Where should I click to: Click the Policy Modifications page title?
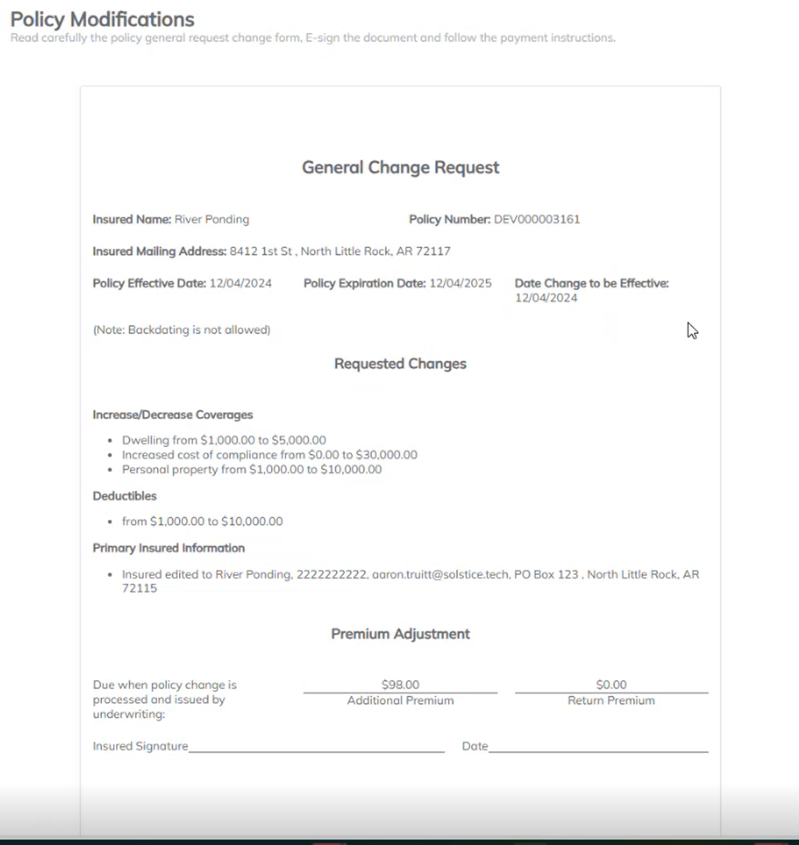point(102,19)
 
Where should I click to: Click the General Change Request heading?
point(400,167)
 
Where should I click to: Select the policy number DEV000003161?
point(537,220)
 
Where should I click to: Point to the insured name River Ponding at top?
point(211,220)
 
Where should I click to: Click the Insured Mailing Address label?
point(159,251)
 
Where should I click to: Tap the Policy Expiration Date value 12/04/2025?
point(460,283)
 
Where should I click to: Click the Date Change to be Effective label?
point(591,283)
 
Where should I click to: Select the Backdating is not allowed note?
point(181,330)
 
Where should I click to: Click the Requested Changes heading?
point(400,364)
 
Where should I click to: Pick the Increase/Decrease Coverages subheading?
point(173,415)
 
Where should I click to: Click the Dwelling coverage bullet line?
point(224,441)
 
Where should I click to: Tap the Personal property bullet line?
point(251,470)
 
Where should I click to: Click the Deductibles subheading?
point(125,496)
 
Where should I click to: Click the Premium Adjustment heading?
point(400,634)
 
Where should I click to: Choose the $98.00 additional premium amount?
point(400,685)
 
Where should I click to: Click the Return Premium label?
point(611,701)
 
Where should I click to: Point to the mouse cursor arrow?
point(691,330)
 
